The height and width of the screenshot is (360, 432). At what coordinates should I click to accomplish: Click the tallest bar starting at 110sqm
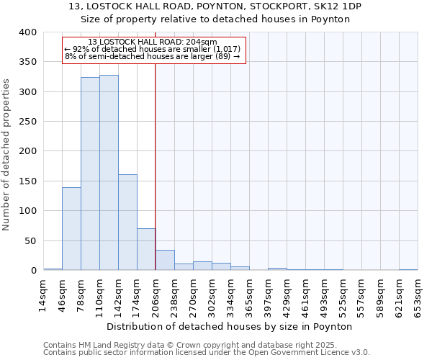pos(109,173)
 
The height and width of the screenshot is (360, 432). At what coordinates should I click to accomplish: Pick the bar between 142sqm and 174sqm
pos(127,222)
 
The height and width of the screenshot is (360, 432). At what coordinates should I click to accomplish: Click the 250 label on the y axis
pos(27,122)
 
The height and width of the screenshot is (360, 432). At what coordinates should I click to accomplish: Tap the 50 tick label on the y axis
pos(30,240)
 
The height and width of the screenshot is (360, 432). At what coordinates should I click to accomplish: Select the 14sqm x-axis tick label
pos(44,294)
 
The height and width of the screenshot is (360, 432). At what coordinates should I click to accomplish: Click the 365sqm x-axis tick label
pos(250,294)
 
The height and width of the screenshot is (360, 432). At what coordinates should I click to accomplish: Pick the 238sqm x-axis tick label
pos(175,294)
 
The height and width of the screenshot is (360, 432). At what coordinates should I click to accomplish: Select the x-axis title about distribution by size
pos(233,326)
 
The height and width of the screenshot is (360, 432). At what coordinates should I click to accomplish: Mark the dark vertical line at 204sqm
pos(156,166)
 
